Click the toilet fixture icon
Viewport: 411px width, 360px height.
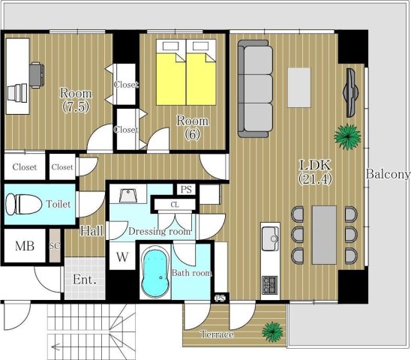point(24,204)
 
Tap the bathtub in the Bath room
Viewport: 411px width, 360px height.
point(155,274)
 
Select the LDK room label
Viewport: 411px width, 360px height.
point(315,172)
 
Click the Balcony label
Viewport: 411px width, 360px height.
point(388,174)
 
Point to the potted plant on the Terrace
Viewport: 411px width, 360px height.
point(272,331)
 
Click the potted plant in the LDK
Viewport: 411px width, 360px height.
point(347,136)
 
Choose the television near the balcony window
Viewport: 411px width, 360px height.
point(350,92)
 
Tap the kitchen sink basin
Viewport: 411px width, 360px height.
point(270,238)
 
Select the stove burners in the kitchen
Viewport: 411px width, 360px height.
point(270,285)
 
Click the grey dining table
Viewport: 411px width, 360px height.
point(324,235)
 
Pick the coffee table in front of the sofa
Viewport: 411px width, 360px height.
point(299,88)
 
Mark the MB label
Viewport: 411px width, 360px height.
point(25,246)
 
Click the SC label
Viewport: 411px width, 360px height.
point(55,246)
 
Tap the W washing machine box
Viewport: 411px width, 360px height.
point(122,256)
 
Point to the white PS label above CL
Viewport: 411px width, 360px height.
point(186,189)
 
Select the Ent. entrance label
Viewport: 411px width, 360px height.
point(85,280)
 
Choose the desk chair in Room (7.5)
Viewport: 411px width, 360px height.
point(36,75)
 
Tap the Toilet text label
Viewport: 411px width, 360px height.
point(58,204)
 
